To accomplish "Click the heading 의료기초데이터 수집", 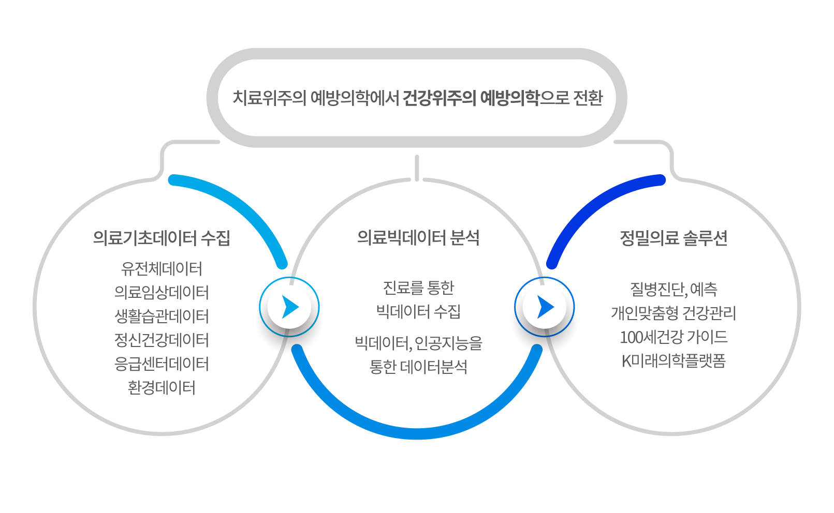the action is point(162,238).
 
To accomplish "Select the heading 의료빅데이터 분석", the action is point(418,238).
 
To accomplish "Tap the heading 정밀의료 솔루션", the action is point(674,238).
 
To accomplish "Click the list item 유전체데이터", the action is point(162,268).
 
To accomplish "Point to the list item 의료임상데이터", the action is point(162,292).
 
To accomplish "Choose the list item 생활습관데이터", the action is point(162,316).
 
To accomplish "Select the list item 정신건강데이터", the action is point(162,340).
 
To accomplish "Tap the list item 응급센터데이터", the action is point(162,364).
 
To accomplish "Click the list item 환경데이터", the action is point(162,388).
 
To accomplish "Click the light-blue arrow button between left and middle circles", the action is point(289,307).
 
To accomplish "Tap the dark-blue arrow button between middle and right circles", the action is point(544,307).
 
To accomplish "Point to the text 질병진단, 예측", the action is point(674,290).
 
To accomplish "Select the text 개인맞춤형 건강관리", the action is point(674,313).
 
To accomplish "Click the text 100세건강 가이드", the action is point(674,337).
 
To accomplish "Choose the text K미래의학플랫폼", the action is point(674,361).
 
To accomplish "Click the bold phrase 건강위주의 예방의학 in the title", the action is point(471,98).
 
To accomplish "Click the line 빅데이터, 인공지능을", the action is point(418,343).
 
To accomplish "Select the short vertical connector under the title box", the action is point(417,168).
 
